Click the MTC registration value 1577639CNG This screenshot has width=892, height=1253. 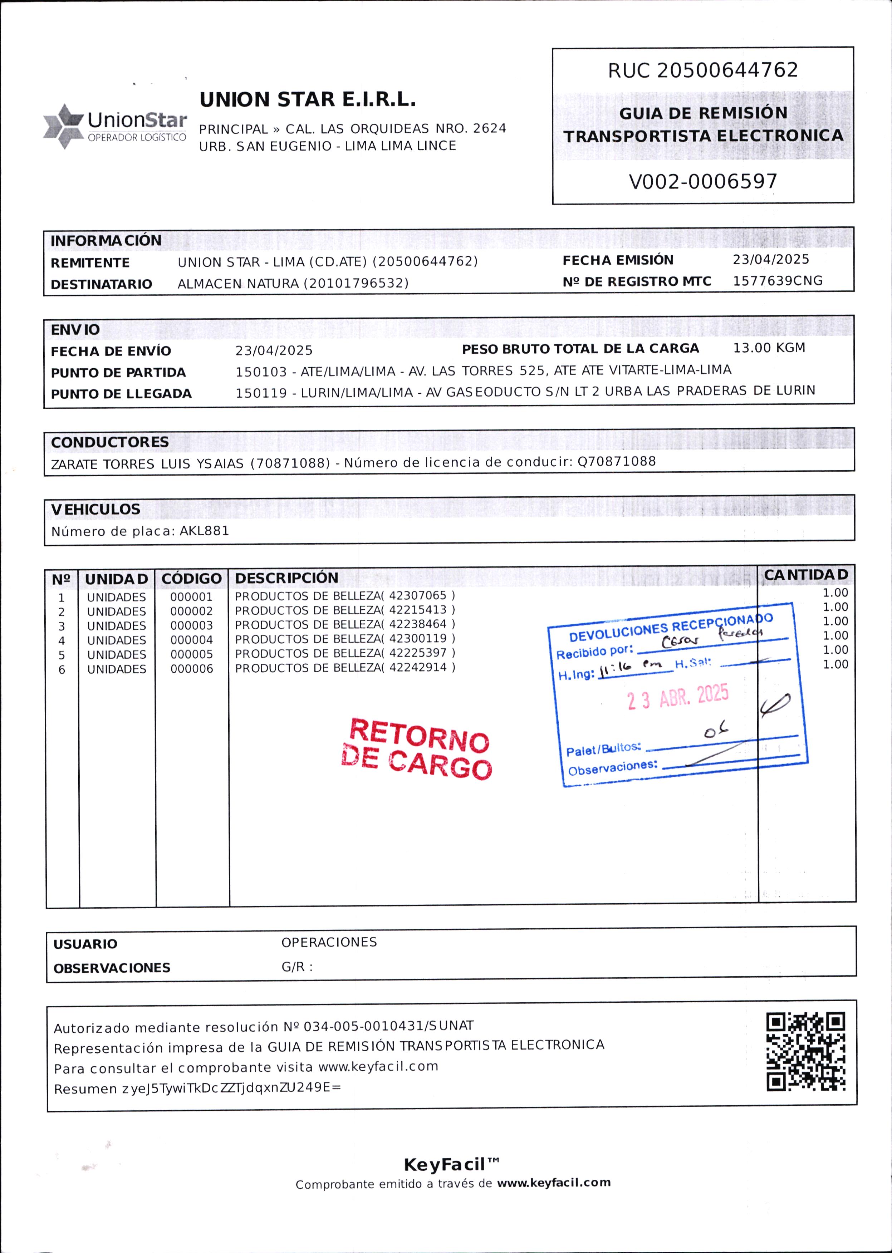777,281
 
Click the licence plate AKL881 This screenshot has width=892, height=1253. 204,531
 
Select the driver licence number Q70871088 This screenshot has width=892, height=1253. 616,461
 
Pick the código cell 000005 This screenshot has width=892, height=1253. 191,654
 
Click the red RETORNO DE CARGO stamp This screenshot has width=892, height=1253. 416,749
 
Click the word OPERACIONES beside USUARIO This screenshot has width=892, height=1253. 329,942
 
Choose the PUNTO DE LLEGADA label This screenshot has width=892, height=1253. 121,394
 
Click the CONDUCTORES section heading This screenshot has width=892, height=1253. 110,442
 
